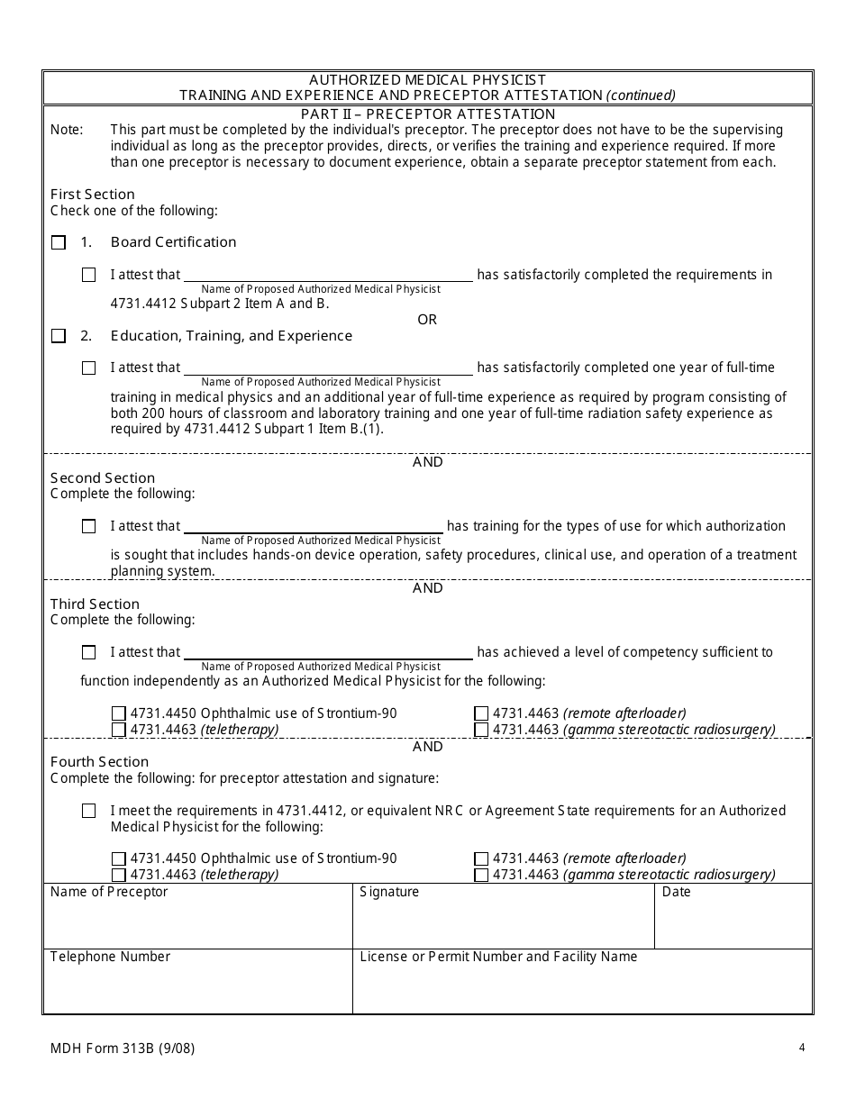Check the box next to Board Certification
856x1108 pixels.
pos(59,242)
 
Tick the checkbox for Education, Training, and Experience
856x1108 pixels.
pos(59,336)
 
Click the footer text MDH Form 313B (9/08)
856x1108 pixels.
pos(123,1048)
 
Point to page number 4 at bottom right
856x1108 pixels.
pos(801,1047)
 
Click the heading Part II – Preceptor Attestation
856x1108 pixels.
pos(428,114)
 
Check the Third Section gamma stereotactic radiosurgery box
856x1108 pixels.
pos(481,730)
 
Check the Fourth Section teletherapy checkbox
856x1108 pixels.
pos(119,875)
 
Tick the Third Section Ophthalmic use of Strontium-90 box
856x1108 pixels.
pos(119,713)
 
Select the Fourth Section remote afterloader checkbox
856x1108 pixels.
pos(481,858)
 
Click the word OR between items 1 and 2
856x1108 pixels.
pos(427,320)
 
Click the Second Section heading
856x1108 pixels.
pos(103,477)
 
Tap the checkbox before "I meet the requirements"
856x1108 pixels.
pos(88,811)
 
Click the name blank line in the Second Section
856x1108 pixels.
pos(314,527)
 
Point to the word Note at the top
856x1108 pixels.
pos(67,130)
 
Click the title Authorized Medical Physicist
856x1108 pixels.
pos(428,80)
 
